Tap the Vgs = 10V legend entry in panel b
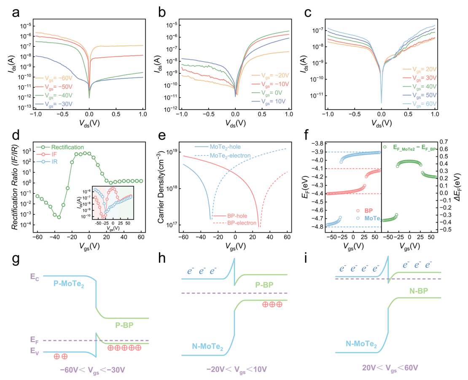pos(269,102)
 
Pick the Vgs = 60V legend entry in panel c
pos(420,104)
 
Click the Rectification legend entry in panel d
pos(60,147)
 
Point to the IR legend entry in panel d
pos(47,162)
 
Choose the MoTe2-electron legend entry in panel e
pos(223,156)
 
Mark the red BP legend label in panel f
pos(368,211)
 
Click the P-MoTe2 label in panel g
pos(69,284)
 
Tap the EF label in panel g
pos(34,340)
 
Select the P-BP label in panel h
pos(264,285)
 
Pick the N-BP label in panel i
pos(418,291)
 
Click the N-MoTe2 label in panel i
pos(361,344)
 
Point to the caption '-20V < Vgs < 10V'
pos(237,370)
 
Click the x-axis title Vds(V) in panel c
pos(382,123)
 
